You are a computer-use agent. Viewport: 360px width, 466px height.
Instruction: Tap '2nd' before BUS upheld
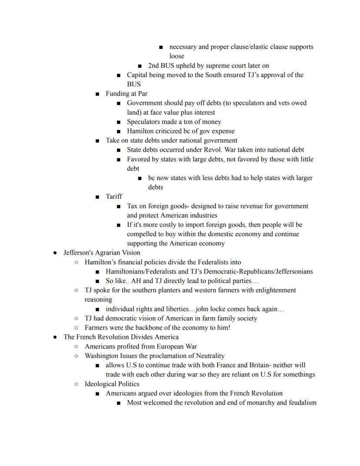[153, 66]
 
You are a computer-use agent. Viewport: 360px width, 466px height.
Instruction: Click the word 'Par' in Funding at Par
[142, 94]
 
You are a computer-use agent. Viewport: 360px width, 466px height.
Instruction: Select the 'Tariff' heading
[114, 196]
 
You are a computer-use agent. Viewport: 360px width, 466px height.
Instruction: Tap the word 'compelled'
[142, 234]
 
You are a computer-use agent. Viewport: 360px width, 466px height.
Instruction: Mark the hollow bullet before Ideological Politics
[77, 384]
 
